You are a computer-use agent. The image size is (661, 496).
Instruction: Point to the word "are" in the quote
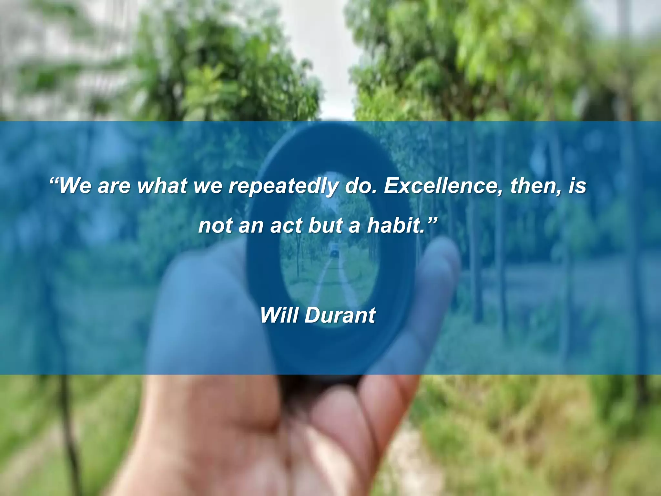point(114,187)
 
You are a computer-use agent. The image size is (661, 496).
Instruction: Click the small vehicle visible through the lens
point(333,251)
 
